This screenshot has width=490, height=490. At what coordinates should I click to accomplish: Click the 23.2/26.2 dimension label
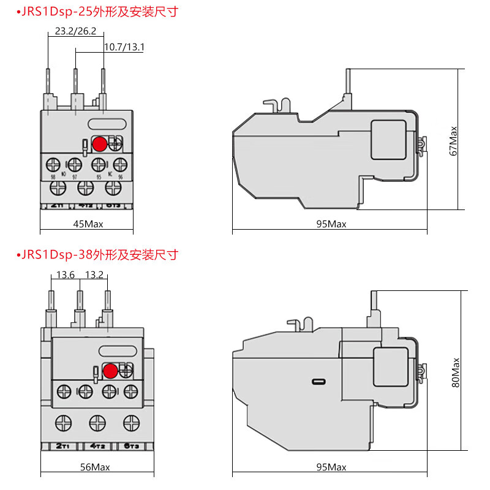[x=75, y=31]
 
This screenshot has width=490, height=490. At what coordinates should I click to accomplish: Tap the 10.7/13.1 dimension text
[x=124, y=47]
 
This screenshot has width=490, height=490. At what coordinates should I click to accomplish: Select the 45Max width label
[x=88, y=224]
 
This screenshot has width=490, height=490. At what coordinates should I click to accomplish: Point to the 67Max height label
[x=454, y=140]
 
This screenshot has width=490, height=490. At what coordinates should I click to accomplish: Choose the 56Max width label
[x=95, y=467]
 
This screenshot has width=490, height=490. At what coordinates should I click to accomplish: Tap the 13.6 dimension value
[x=66, y=275]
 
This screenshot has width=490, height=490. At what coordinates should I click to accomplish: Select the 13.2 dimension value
[x=94, y=275]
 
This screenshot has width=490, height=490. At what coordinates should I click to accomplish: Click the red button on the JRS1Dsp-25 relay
[x=99, y=144]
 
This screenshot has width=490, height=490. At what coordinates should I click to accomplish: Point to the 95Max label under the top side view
[x=331, y=224]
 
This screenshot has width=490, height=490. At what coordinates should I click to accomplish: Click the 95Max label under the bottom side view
[x=331, y=467]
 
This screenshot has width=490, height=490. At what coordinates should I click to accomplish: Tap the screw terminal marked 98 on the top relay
[x=54, y=165]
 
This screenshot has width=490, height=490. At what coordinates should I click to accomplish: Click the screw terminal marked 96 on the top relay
[x=119, y=165]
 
